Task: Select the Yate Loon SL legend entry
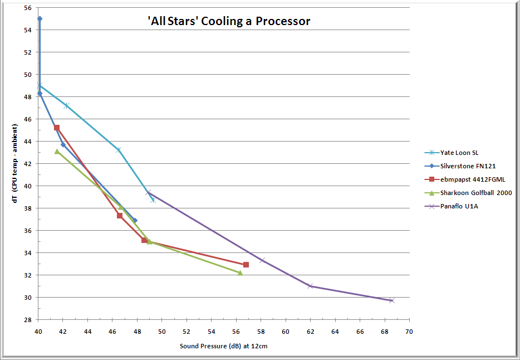click(459, 153)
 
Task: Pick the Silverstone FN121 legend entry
click(468, 166)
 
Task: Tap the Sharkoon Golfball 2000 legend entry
click(475, 193)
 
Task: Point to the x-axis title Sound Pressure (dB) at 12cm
click(224, 346)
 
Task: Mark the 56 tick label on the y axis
click(28, 8)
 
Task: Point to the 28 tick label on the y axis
click(28, 320)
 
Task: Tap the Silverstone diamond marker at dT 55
click(40, 18)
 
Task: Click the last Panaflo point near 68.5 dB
click(391, 300)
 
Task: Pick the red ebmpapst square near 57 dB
click(246, 265)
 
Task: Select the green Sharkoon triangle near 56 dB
click(241, 273)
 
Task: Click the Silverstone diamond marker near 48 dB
click(135, 221)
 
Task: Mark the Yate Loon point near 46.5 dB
click(119, 150)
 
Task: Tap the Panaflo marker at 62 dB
click(311, 286)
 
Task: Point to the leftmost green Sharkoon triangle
click(57, 152)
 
